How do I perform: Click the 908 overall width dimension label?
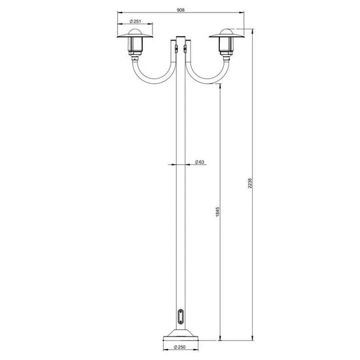[x=181, y=10]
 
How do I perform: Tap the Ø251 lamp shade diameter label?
[x=135, y=22]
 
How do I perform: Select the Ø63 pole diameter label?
[x=200, y=162]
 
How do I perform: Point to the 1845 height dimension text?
[x=218, y=212]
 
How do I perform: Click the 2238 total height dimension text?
[x=250, y=183]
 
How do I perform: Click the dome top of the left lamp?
[x=135, y=31]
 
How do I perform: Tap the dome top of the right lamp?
[x=226, y=31]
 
